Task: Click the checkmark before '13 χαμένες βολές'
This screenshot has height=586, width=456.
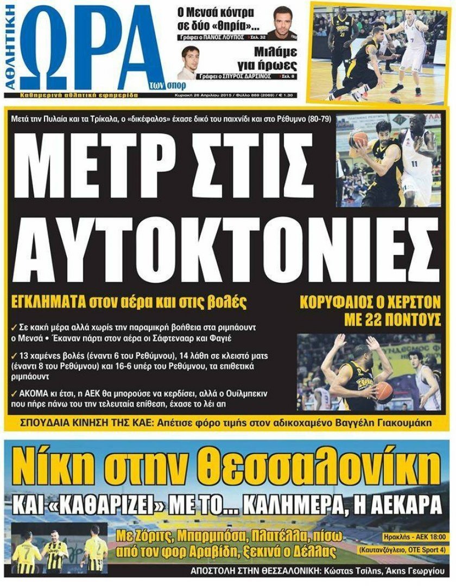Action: click(14, 356)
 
